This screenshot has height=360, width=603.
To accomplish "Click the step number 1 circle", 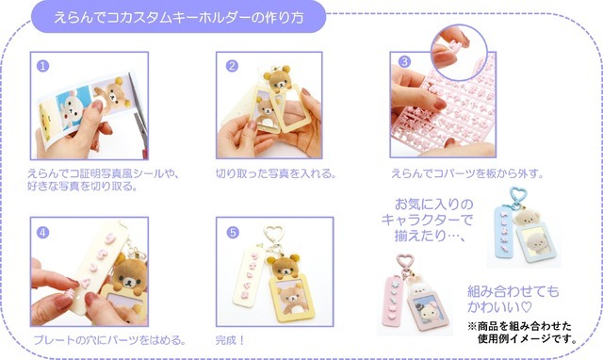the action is pos(42,66).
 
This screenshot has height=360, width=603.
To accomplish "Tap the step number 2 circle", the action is pos(232,66).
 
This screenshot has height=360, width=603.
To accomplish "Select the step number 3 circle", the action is pos(404,61).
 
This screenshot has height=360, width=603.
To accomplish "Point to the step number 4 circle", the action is pos(42,233).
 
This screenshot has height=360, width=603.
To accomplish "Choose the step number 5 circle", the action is pos(233,233).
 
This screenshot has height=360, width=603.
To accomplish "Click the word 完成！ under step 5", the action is pos(230,340).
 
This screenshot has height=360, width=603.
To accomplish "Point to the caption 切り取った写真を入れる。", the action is pos(276,173).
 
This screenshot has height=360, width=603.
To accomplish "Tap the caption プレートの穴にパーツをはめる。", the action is pos(110,340).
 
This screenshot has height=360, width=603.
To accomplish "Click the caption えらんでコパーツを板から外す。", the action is pos(467,173).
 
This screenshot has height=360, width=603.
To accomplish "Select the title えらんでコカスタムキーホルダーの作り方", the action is pos(179,17).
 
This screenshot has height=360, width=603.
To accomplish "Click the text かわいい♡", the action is pos(499,307).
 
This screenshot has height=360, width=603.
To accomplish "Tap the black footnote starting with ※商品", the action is pos(523,333).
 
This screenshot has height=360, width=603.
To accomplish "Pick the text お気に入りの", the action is pos(433,204).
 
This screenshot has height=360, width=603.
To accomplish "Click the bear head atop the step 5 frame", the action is pos(284,266).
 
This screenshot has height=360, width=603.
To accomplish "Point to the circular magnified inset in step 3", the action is pos(459,52).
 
